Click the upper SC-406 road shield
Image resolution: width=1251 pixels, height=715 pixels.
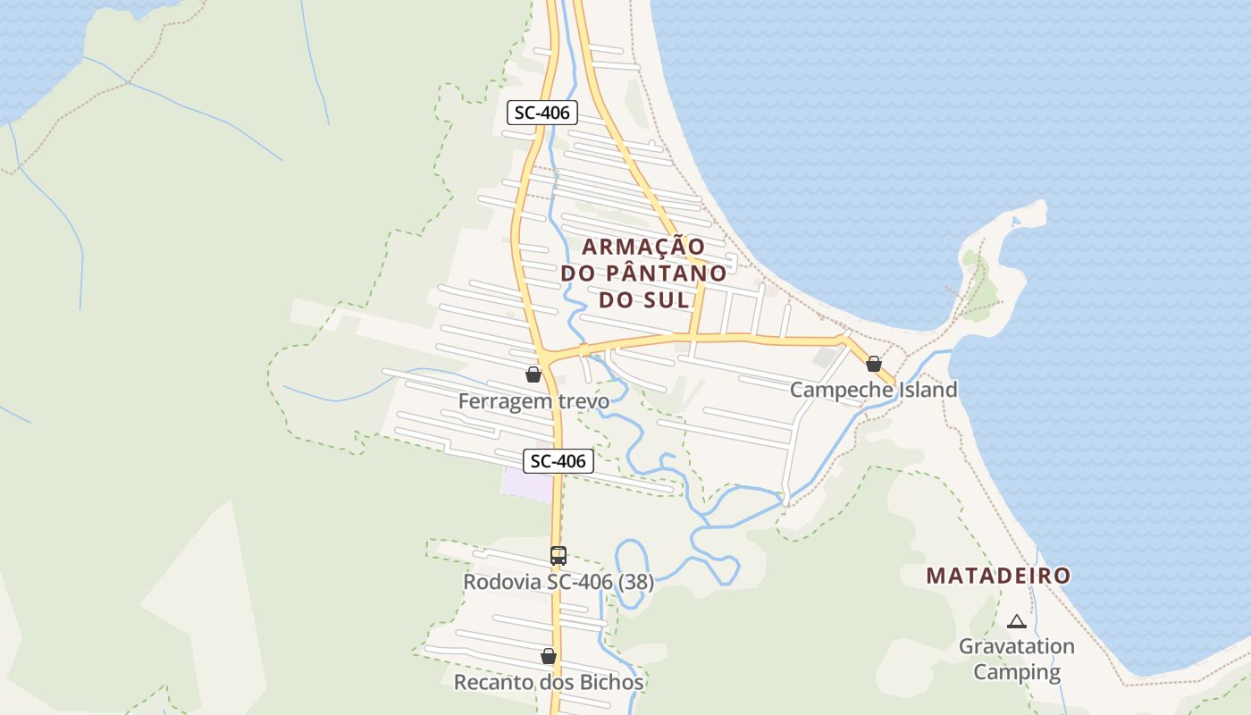click(x=542, y=113)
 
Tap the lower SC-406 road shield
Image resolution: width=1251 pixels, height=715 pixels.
click(x=558, y=461)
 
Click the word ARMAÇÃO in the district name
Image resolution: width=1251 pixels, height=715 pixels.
click(x=643, y=246)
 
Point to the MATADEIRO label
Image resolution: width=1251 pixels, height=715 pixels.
click(x=998, y=576)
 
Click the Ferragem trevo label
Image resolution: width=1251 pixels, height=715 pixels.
click(x=533, y=401)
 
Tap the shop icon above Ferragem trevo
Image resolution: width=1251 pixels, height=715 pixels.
click(x=533, y=374)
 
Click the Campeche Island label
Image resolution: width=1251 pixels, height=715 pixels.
click(x=873, y=390)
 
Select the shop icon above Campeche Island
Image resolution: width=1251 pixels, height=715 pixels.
click(x=874, y=364)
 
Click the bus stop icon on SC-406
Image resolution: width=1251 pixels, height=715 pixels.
click(x=558, y=556)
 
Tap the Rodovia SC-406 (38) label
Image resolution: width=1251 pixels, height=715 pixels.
click(x=558, y=582)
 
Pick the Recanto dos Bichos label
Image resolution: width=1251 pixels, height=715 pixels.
click(x=549, y=683)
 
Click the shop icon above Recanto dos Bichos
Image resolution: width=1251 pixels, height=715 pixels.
click(x=549, y=657)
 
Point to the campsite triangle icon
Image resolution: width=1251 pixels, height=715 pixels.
click(x=1016, y=621)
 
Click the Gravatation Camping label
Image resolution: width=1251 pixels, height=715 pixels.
click(x=1017, y=659)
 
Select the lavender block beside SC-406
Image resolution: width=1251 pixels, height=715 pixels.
click(x=527, y=484)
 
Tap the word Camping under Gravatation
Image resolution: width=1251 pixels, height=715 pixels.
click(x=1017, y=672)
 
